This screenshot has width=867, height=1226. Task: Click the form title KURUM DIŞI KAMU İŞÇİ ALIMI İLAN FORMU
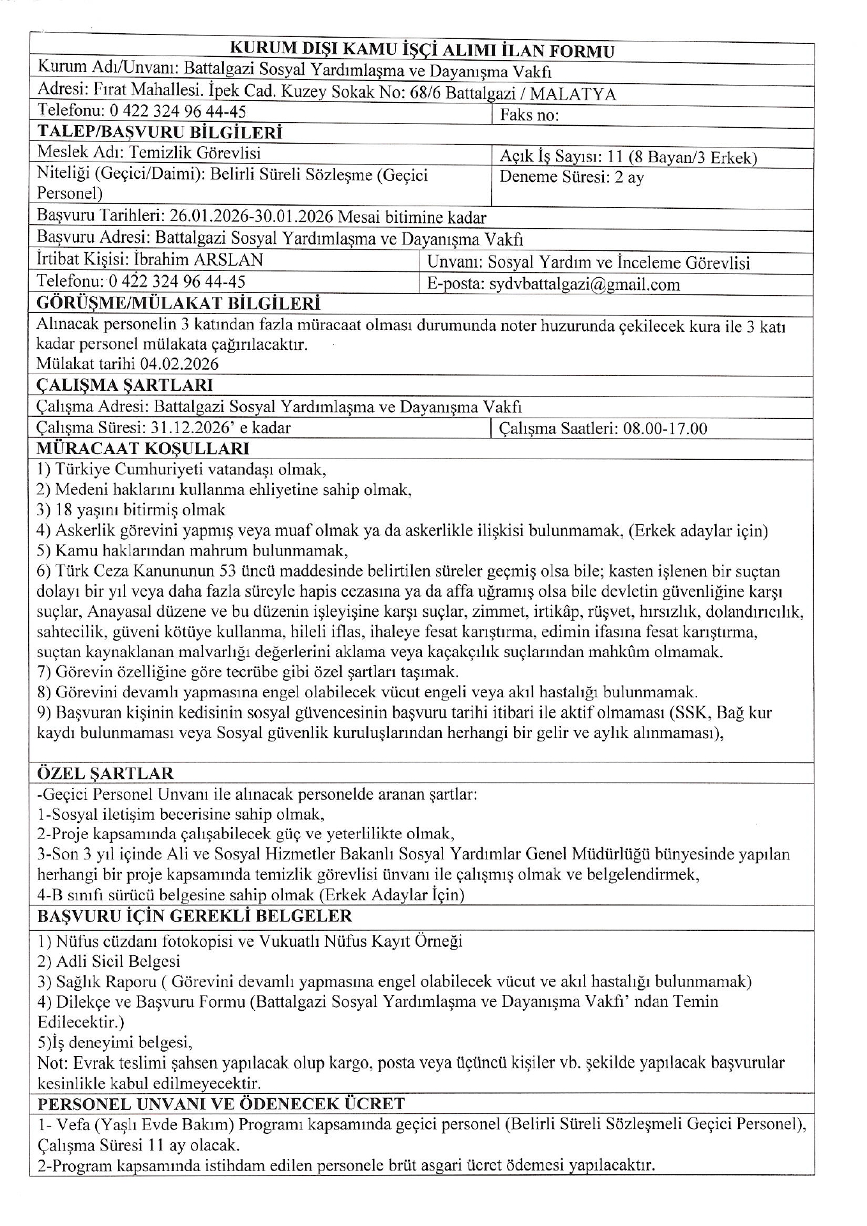421,50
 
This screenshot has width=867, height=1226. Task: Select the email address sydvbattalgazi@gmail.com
584,285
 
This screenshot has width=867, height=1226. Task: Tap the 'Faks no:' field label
529,116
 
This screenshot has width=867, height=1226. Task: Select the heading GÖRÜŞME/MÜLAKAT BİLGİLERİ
179,303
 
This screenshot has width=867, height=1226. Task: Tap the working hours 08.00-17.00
665,428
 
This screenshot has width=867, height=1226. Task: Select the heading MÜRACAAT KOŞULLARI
143,449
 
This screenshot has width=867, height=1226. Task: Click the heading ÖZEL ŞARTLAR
105,774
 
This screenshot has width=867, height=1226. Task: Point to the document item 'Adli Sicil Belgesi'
118,962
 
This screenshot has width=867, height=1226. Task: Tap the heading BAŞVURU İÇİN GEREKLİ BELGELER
195,916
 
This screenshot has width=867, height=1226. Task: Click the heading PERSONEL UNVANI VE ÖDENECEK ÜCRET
221,1104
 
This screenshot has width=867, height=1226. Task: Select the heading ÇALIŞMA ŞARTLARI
125,386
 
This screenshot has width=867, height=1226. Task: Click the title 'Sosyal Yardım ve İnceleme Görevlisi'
619,263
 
